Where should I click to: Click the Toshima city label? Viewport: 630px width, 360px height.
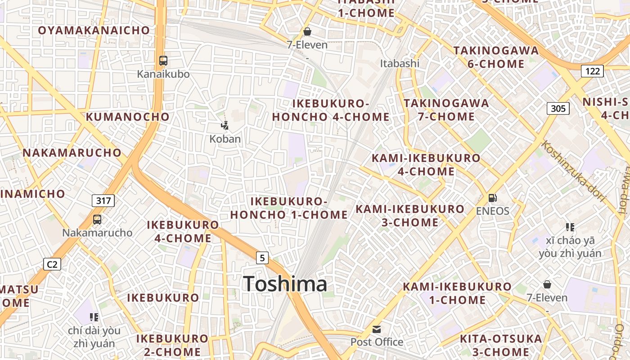click(285, 284)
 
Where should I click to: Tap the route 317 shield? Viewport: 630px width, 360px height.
click(103, 201)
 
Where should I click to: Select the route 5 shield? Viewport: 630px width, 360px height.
click(262, 258)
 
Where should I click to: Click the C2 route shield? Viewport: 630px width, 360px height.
click(52, 264)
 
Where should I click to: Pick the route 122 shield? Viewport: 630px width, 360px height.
click(592, 71)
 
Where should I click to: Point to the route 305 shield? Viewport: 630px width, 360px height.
click(558, 108)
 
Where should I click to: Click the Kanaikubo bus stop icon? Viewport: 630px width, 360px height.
click(163, 61)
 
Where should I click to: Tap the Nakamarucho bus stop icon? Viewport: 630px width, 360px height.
click(97, 220)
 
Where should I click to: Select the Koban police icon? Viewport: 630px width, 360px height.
click(225, 126)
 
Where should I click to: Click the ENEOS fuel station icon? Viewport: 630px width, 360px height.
click(493, 198)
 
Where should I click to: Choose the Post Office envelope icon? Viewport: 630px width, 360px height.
click(376, 329)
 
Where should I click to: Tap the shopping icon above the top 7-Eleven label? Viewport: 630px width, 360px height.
click(307, 31)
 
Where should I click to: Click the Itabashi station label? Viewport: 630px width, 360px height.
click(400, 63)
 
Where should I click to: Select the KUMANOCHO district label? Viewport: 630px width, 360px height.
click(128, 117)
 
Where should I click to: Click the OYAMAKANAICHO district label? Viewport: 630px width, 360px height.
click(94, 31)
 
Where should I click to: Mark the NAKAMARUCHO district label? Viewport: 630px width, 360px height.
click(72, 153)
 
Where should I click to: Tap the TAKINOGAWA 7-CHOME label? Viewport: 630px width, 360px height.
click(446, 110)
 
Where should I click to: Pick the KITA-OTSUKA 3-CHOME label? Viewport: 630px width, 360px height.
click(501, 345)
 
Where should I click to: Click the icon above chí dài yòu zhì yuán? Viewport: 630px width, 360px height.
click(94, 317)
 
